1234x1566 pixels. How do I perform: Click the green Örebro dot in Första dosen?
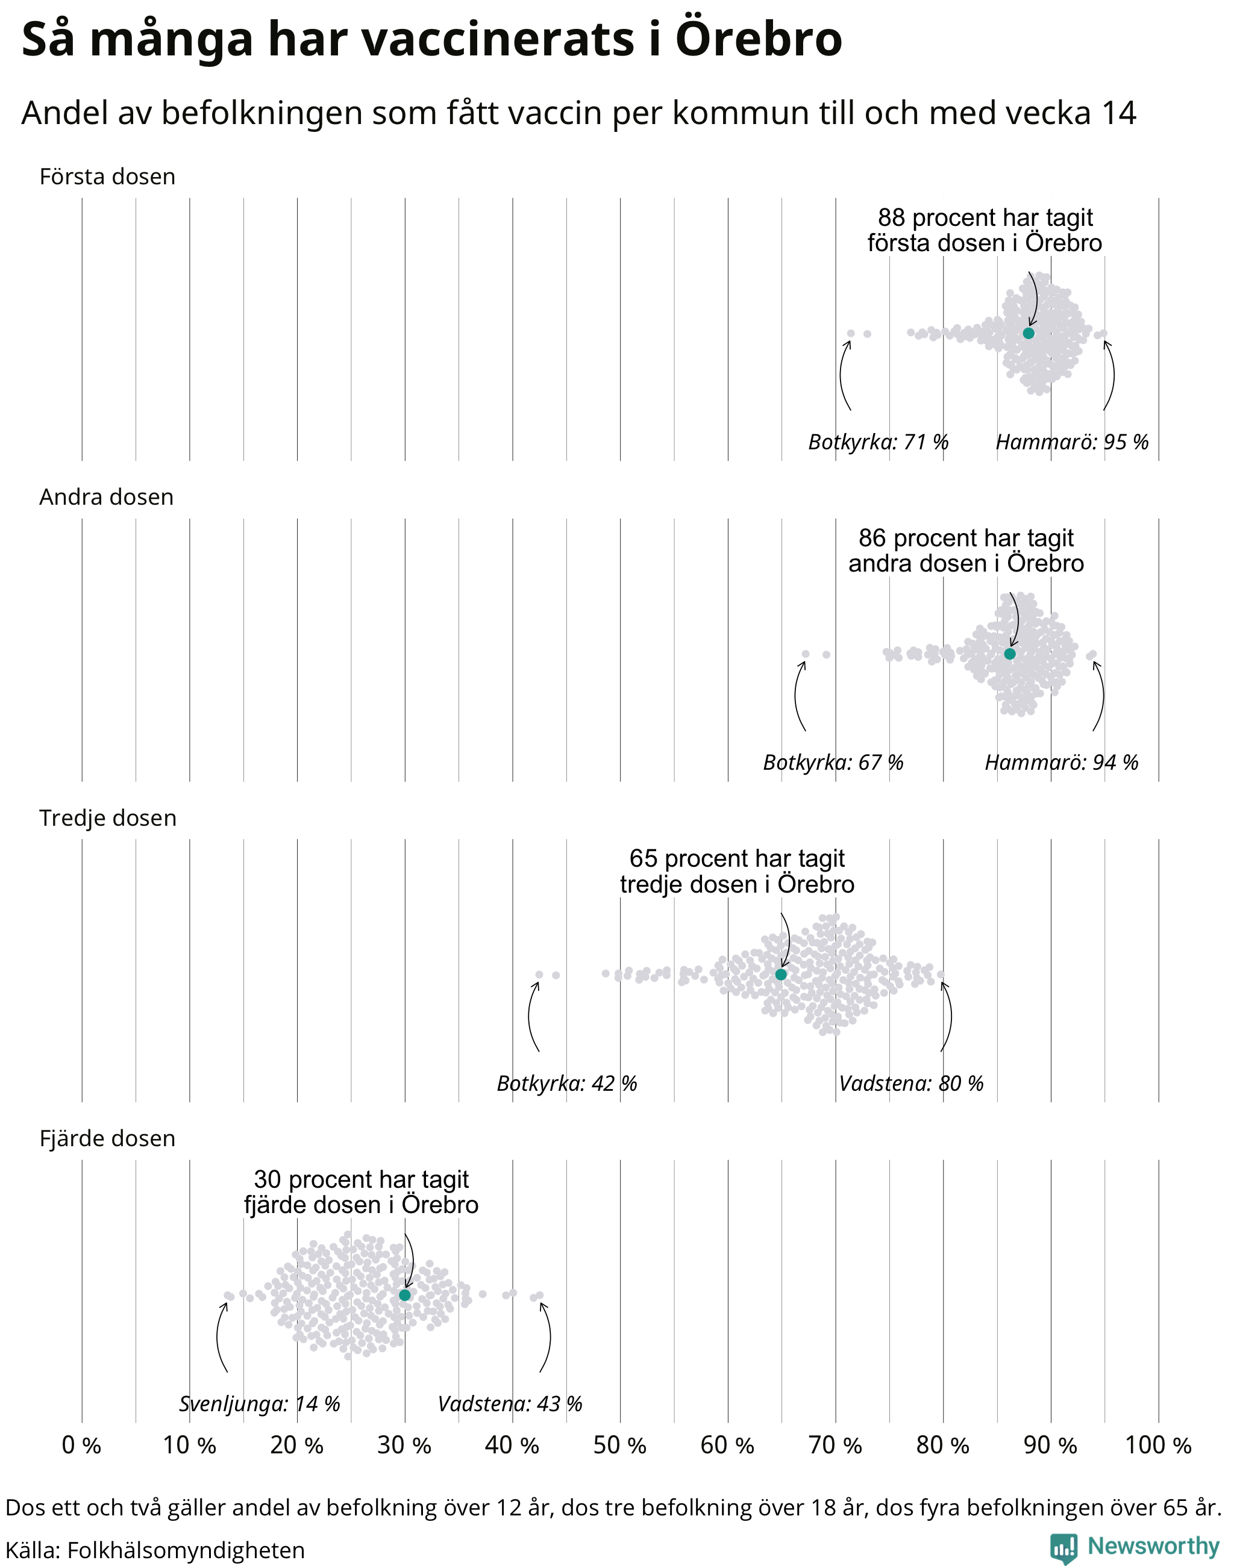coord(1028,333)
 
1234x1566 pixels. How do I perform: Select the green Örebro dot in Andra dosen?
coord(1009,654)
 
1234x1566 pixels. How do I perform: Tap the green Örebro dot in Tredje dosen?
coord(781,975)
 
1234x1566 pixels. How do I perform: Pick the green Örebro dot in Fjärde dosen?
coord(404,1295)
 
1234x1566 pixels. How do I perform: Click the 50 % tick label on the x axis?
coord(620,1446)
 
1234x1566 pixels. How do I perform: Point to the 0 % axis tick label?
coord(81,1446)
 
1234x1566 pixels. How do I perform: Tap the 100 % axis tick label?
coord(1158,1446)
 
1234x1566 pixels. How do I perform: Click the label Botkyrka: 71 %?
coord(878,442)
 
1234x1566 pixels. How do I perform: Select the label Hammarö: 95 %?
coord(1072,442)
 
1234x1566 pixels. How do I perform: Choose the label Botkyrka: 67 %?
coord(833,763)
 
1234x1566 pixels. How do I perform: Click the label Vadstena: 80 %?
coord(911,1084)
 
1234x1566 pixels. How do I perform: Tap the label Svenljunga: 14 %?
coord(259,1404)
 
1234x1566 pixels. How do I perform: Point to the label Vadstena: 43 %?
coord(510,1404)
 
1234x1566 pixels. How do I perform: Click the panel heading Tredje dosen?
coord(108,818)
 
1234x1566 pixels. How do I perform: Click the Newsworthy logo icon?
coord(1063,1549)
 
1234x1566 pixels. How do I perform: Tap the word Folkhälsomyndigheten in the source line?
coord(186,1550)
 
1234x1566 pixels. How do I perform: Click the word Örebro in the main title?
coord(759,39)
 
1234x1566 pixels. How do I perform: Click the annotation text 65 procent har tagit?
coord(737,859)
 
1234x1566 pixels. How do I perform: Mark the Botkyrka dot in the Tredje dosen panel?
coord(539,975)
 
